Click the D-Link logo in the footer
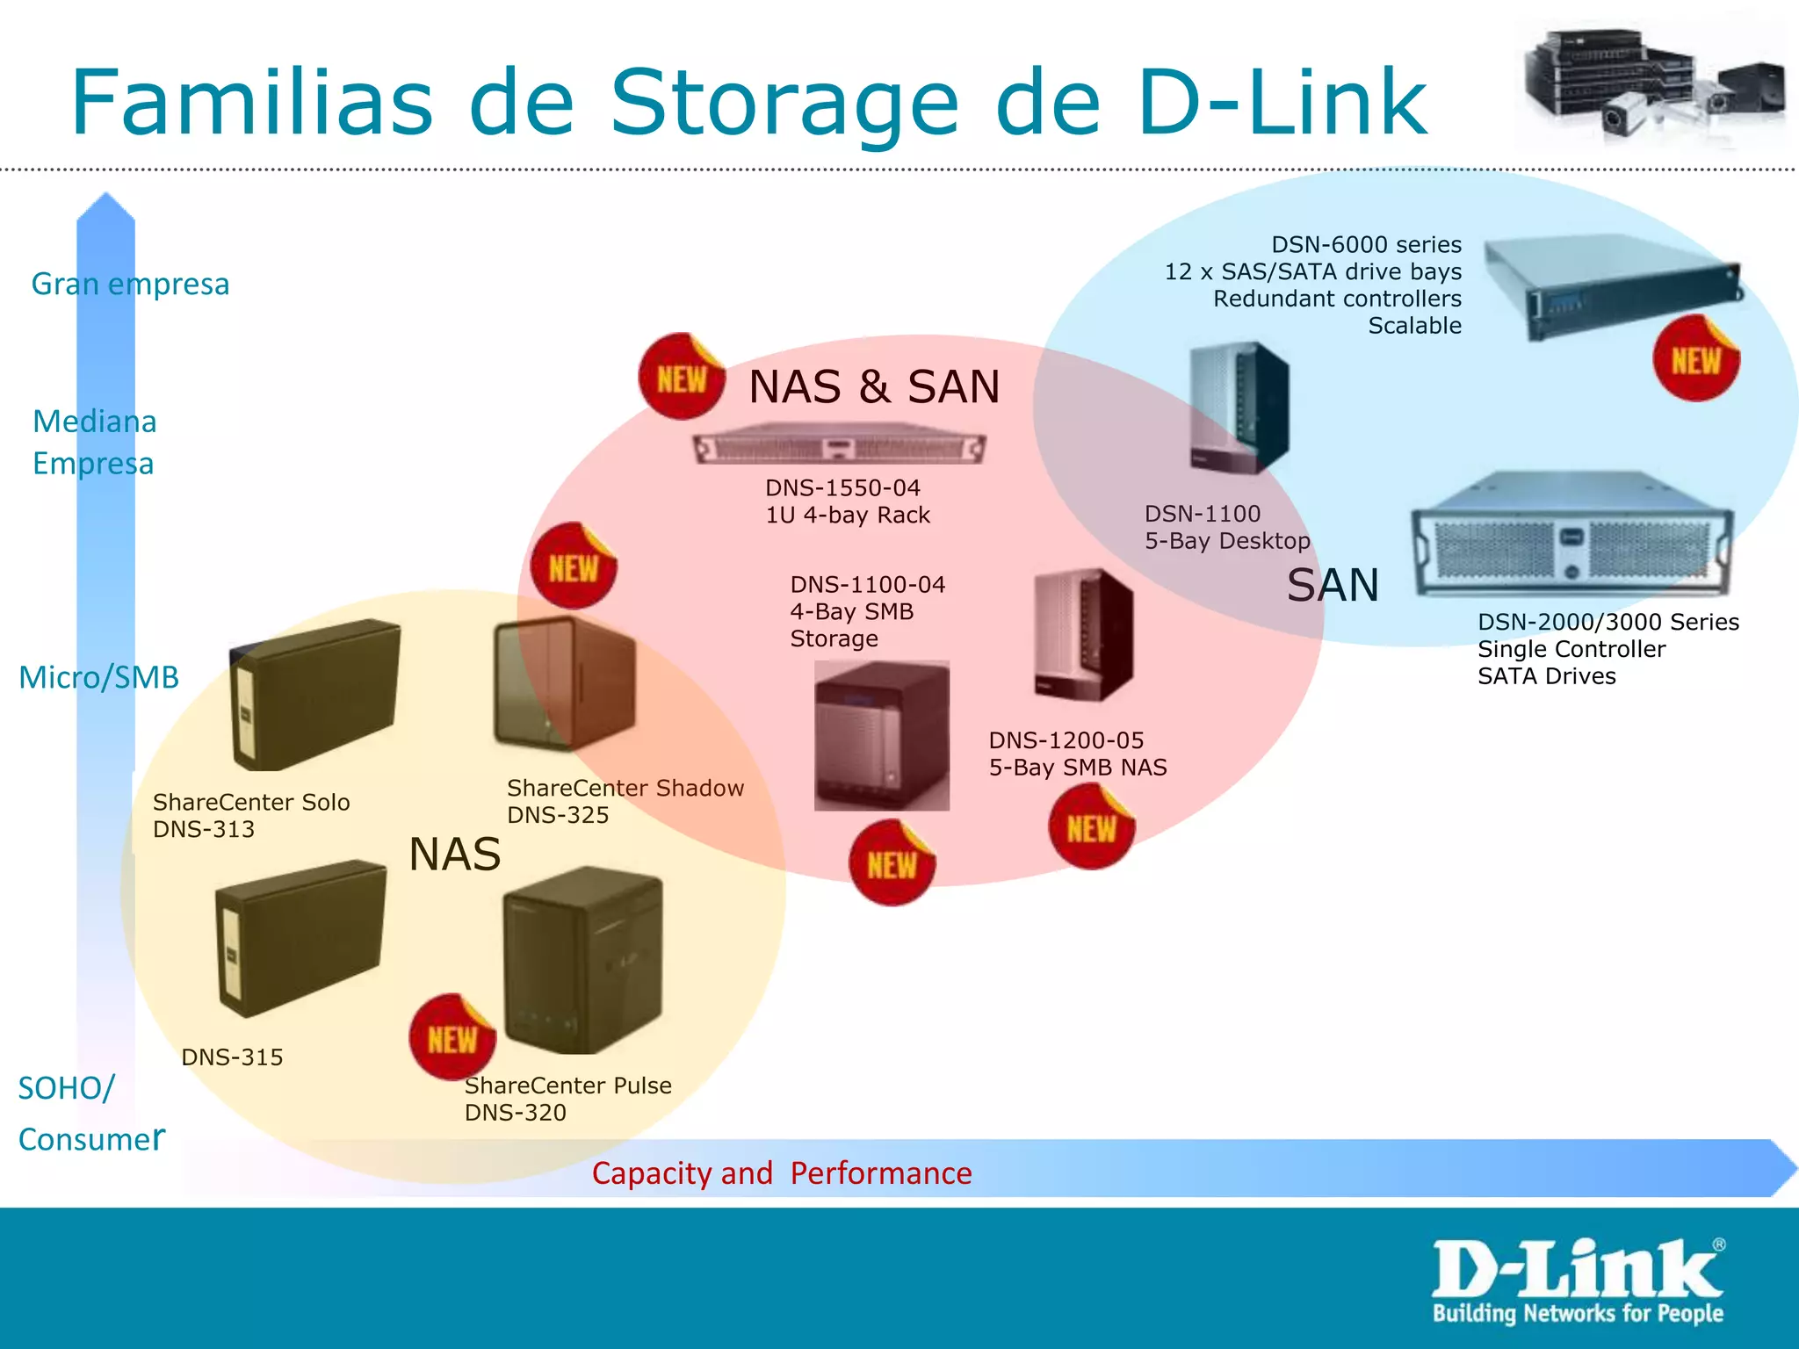[x=1578, y=1280]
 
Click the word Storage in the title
[x=784, y=104]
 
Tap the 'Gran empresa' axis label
[x=130, y=285]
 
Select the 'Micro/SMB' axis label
[x=98, y=677]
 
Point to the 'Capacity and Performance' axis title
[x=782, y=1173]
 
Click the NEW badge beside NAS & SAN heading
[x=682, y=377]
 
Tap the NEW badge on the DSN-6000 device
[x=1695, y=359]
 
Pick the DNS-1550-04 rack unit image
[x=839, y=446]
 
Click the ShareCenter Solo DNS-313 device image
[x=314, y=695]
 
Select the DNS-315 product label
[x=232, y=1057]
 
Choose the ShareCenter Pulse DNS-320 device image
[x=583, y=961]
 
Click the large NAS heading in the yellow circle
[x=455, y=855]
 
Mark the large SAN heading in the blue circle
[x=1333, y=586]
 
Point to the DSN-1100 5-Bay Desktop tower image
[x=1239, y=408]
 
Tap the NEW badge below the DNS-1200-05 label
[x=1091, y=827]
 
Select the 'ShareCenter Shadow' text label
[x=625, y=788]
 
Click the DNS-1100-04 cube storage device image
[x=881, y=735]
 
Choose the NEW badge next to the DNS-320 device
[x=452, y=1038]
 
